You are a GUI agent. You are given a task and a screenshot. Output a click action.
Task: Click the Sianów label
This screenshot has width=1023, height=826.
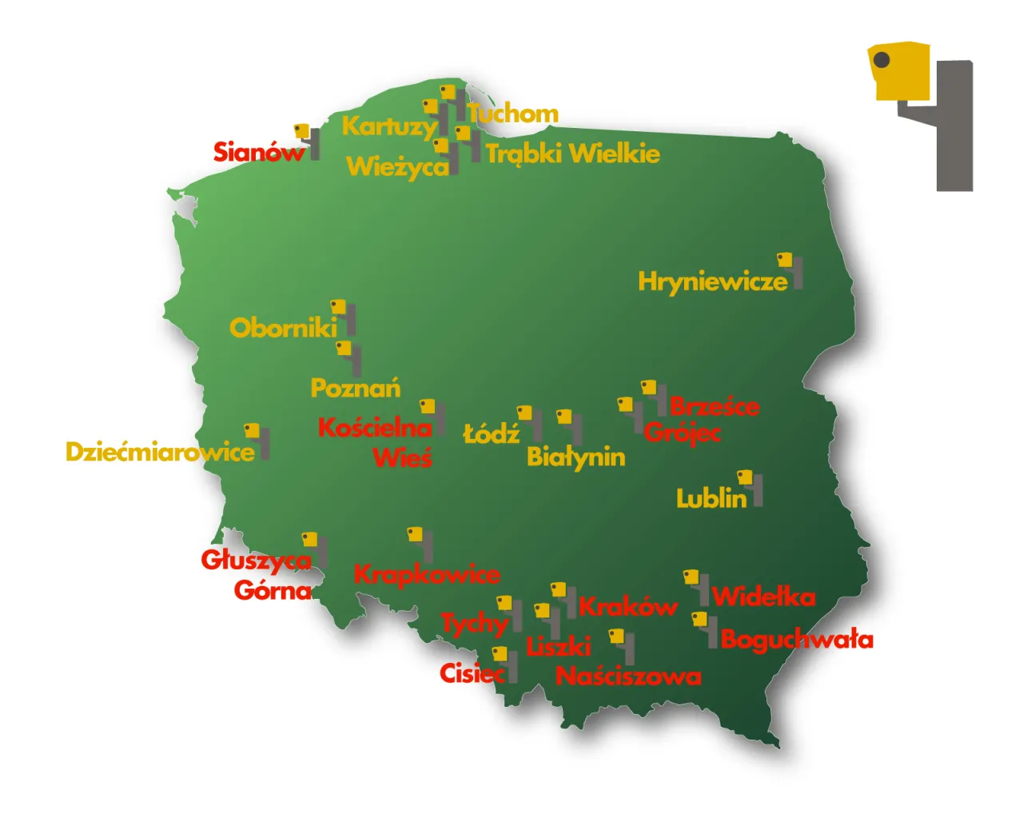point(258,152)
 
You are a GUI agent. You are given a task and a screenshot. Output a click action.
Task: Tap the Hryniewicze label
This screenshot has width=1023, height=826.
point(712,281)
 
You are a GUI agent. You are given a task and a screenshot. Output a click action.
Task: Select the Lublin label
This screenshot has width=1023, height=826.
point(711,498)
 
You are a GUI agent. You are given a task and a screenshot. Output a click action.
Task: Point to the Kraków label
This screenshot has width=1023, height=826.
point(627,607)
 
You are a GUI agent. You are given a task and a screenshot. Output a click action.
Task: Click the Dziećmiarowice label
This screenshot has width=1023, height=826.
point(160,452)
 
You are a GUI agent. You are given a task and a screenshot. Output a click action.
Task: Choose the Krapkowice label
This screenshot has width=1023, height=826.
point(427,574)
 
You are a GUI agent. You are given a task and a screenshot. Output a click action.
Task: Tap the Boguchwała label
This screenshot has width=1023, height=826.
point(796,640)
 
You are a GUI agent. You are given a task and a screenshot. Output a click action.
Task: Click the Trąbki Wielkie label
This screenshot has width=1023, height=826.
point(572,154)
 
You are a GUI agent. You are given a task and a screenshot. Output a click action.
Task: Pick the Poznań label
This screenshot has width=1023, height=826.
point(355,389)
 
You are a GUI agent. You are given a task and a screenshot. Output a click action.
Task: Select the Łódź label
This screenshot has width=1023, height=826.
point(492,434)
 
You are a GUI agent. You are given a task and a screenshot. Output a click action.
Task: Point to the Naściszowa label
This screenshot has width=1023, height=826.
point(628,676)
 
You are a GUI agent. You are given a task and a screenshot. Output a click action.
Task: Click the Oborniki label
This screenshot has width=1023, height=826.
point(283,328)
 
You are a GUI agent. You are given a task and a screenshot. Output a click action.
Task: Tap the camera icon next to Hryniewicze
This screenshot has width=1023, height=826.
point(790,269)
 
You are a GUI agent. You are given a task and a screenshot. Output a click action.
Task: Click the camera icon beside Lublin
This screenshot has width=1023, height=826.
point(750,486)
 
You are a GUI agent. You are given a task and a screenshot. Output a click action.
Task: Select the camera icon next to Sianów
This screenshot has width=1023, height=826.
point(307,139)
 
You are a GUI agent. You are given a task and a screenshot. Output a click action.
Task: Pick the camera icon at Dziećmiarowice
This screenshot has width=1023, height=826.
point(257,440)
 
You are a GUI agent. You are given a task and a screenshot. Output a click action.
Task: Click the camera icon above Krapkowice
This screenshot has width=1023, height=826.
point(420,543)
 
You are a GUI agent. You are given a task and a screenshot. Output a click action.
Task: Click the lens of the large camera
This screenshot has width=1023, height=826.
point(882,60)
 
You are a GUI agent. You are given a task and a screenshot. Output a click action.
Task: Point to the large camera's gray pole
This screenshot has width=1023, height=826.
point(954,128)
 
